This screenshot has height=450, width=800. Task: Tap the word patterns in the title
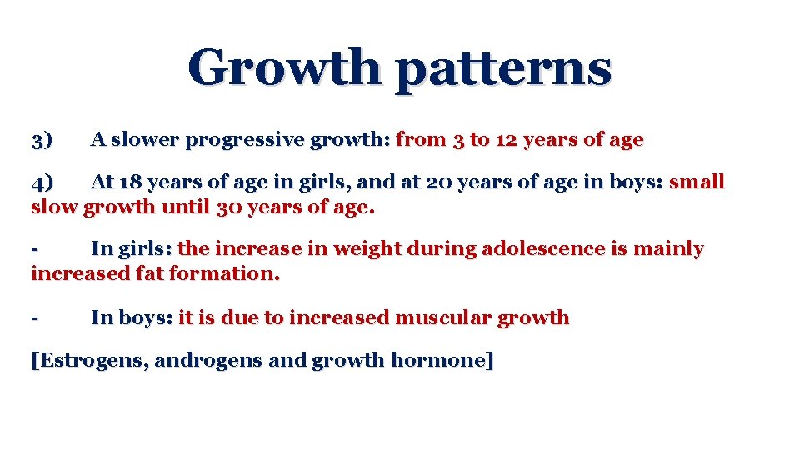pos(503,70)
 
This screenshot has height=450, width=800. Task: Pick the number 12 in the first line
pos(506,139)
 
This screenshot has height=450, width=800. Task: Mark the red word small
pos(697,182)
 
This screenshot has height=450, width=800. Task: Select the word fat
pos(149,272)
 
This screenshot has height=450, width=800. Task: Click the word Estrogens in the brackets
pos(92,361)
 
